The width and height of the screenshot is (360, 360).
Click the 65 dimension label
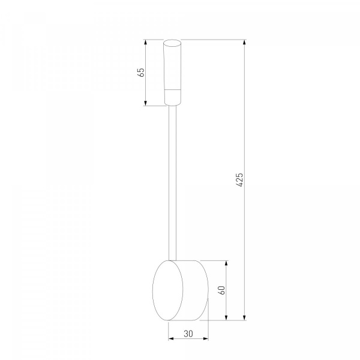[142, 73]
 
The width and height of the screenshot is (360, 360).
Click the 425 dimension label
[239, 180]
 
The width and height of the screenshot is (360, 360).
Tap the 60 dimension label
[222, 290]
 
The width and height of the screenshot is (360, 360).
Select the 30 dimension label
[188, 334]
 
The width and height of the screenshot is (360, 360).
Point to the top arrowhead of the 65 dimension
[145, 43]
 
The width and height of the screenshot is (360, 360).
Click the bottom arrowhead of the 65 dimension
[145, 103]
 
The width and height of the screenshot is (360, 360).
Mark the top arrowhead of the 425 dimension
[245, 43]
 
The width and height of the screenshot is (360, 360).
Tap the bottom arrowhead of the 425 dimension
[245, 317]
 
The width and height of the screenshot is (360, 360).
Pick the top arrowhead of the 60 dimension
[226, 263]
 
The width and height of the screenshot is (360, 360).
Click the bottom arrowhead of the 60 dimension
[226, 317]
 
